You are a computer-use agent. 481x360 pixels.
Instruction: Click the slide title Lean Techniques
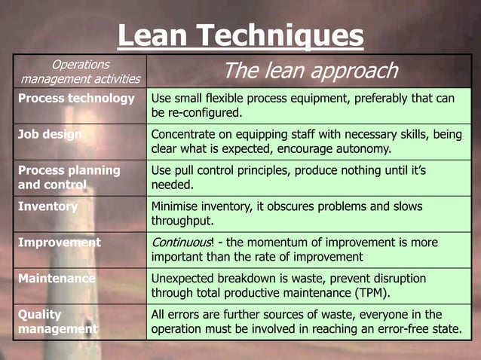[x=240, y=36]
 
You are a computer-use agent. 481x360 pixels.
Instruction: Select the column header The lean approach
[x=310, y=71]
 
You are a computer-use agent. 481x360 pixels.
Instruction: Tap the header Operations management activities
[x=80, y=72]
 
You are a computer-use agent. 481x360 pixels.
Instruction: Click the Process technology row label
[x=76, y=99]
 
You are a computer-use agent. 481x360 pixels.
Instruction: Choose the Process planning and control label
[x=69, y=177]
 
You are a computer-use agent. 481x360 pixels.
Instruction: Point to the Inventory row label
[x=47, y=206]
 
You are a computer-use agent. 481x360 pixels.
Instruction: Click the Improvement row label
[x=59, y=243]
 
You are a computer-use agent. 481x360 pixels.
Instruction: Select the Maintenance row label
[x=57, y=279]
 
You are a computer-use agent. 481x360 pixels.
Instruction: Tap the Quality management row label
[x=57, y=322]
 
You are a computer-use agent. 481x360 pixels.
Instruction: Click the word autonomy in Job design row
[x=366, y=148]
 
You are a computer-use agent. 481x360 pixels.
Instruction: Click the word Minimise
[x=175, y=206]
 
